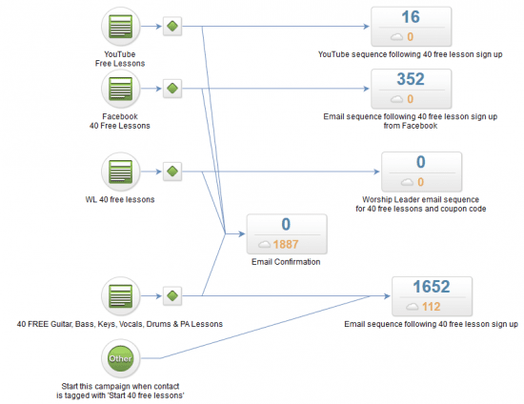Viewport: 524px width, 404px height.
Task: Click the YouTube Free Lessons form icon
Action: point(121,27)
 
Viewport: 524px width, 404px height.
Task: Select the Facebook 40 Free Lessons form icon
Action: point(121,89)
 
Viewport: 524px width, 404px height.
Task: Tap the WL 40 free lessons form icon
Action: point(121,172)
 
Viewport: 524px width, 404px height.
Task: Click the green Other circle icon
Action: point(121,358)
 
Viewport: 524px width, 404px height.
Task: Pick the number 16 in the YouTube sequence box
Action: point(411,17)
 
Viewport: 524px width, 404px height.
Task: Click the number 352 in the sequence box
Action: point(411,79)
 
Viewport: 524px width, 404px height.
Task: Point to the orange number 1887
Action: point(286,244)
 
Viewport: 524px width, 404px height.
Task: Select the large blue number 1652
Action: point(432,287)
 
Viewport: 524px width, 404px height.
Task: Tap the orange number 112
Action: point(431,307)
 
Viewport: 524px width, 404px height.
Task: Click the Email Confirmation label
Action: point(286,262)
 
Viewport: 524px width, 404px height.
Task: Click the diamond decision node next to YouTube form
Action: point(172,26)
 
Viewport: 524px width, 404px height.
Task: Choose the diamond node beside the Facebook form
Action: point(172,89)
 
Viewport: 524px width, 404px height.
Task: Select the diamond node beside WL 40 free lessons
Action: point(172,172)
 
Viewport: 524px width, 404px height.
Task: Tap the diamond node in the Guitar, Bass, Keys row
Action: point(172,295)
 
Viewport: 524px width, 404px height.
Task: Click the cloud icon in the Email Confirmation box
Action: point(264,244)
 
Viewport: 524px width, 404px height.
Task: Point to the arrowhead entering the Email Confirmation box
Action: point(242,233)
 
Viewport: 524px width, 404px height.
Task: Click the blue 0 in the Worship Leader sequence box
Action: point(421,162)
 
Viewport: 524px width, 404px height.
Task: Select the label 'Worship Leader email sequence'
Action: point(421,199)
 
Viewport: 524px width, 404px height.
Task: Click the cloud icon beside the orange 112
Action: point(412,307)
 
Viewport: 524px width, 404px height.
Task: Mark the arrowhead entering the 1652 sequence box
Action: point(387,296)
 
